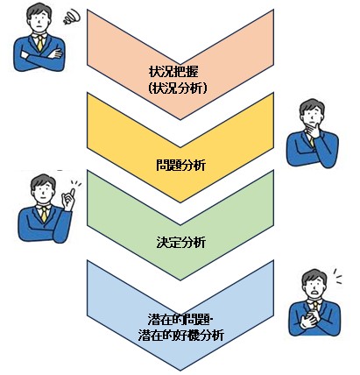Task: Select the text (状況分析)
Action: coord(178,88)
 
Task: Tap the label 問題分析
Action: coord(180,165)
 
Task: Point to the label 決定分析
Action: coord(180,243)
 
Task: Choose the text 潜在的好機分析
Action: coord(181,336)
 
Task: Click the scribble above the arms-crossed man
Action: coord(72,17)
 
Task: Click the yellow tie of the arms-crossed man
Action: coord(40,43)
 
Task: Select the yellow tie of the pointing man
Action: coord(44,215)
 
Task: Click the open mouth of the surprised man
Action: coord(315,291)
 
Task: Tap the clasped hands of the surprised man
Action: coord(309,319)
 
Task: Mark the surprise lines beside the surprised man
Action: coord(337,276)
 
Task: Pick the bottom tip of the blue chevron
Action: coord(180,371)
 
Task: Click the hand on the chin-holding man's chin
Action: coord(314,130)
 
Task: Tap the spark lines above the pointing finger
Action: coord(76,184)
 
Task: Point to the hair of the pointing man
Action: coord(44,181)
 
